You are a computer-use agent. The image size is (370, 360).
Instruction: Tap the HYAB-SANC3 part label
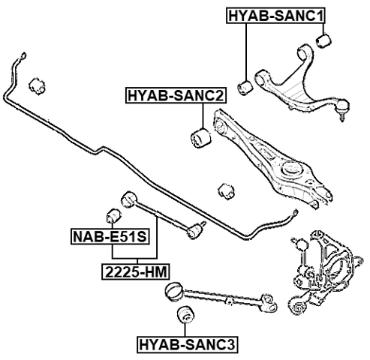click(x=187, y=345)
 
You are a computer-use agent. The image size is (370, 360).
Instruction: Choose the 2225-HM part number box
click(x=134, y=271)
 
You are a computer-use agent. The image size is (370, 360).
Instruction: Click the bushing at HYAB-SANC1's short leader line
click(x=324, y=39)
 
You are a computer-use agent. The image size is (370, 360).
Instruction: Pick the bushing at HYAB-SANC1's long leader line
click(x=244, y=85)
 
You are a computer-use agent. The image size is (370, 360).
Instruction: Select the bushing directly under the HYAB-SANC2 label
click(x=200, y=136)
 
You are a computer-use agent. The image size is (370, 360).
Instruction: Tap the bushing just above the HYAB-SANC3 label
click(x=181, y=316)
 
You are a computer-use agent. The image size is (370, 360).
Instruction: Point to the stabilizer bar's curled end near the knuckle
click(x=288, y=216)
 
